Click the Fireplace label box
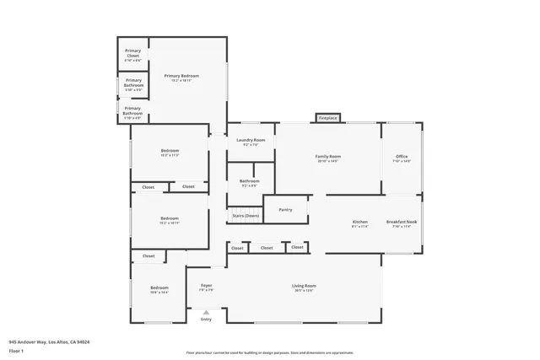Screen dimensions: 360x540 tap(328, 119)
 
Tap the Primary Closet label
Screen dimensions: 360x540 tap(132, 56)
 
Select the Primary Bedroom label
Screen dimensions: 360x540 tap(181, 77)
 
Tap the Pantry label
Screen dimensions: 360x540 tap(285, 209)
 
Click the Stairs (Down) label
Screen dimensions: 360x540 tap(246, 216)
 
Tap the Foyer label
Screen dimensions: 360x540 tap(206, 286)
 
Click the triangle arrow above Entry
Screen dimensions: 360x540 tap(206, 313)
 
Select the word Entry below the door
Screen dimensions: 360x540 tap(206, 320)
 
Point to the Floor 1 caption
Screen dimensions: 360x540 tap(16, 350)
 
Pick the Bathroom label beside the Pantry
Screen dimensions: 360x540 tap(249, 181)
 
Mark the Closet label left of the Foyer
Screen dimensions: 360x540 tap(148, 255)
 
